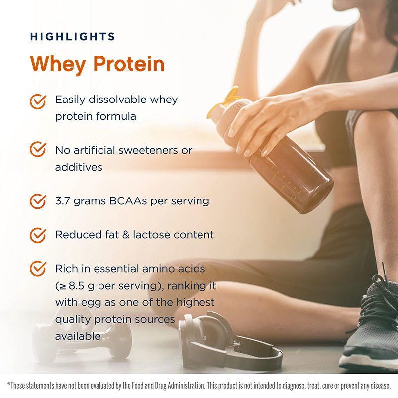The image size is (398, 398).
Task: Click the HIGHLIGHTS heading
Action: pos(73,36)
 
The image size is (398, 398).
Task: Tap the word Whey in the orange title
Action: pos(58,64)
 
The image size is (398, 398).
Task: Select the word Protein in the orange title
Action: pos(129,64)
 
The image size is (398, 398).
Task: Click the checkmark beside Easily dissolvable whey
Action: pos(38,102)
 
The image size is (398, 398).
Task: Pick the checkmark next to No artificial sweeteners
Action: pos(38,149)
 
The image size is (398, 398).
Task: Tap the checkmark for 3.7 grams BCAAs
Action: pos(38,201)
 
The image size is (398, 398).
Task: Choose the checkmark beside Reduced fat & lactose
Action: pos(38,235)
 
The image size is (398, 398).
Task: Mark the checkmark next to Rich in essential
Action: pos(38,269)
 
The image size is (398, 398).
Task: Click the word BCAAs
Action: pos(128,201)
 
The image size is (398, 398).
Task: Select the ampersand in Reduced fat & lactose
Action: pos(126,235)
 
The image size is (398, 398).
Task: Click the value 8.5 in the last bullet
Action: pos(77,286)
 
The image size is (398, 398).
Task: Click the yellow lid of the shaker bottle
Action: pos(223,101)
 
